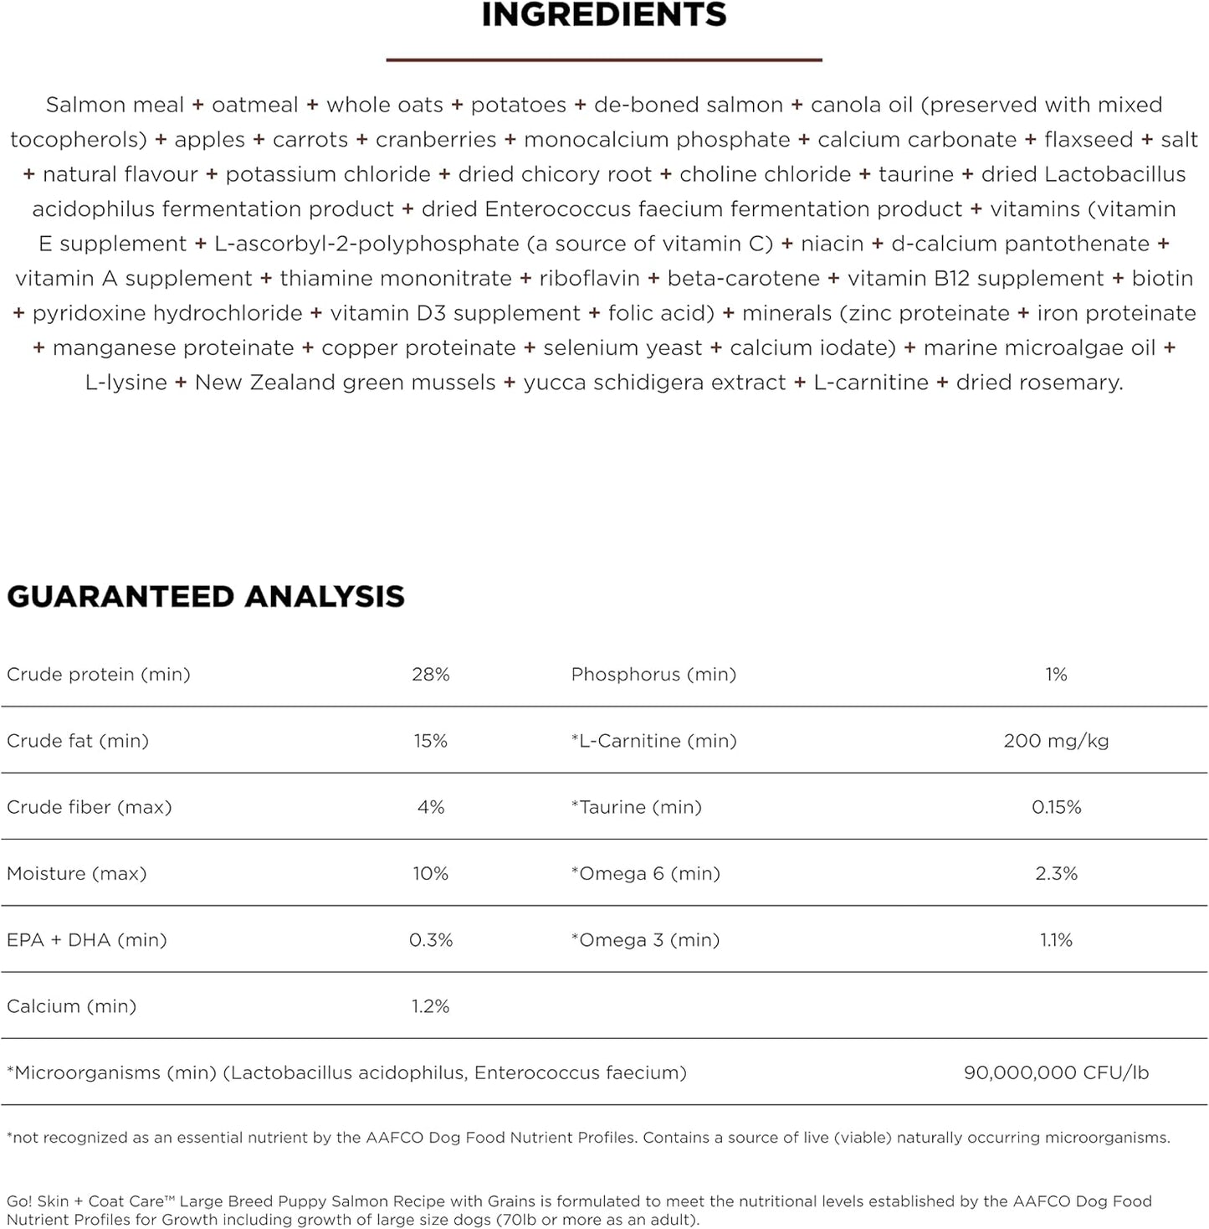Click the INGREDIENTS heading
point(604,15)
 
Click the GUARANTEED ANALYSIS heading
point(206,596)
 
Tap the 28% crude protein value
point(430,674)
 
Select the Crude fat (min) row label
point(78,740)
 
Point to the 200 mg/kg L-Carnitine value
point(1056,740)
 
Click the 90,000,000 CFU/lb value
point(1056,1072)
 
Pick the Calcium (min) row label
point(71,1006)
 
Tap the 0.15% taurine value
point(1056,807)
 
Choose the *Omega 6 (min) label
point(645,873)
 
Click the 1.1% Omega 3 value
point(1056,940)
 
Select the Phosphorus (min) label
point(653,674)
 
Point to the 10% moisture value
point(430,873)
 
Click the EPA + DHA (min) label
point(87,940)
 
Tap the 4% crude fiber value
point(430,807)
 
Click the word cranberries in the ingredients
point(436,139)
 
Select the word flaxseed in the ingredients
point(1089,139)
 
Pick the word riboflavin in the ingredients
point(589,278)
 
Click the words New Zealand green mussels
point(345,383)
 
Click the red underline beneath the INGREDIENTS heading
point(604,59)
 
